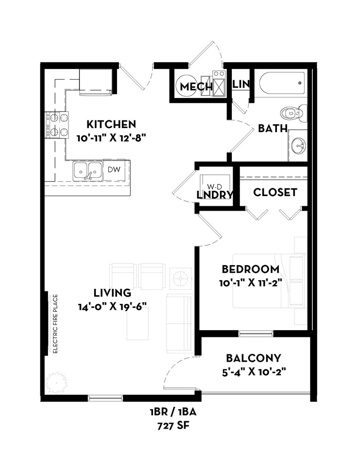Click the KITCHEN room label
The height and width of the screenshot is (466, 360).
(111, 124)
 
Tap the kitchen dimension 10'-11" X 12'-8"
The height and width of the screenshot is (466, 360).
(112, 137)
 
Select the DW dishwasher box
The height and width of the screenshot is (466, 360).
(113, 169)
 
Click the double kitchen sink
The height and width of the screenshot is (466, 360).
(88, 170)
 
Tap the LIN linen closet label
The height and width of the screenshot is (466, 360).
(241, 84)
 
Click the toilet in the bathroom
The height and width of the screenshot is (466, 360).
(296, 113)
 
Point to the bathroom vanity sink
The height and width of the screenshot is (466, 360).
(297, 145)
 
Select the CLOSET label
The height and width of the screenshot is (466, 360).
(275, 192)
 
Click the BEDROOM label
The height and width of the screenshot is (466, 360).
(250, 269)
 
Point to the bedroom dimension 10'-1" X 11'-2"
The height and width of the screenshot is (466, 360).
(250, 283)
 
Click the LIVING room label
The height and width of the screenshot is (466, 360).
(112, 293)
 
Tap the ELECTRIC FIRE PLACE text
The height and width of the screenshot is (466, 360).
(55, 324)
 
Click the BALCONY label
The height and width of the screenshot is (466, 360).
(254, 359)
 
